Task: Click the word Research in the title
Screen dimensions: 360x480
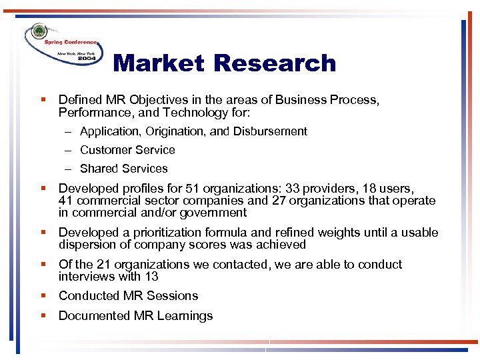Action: (x=275, y=63)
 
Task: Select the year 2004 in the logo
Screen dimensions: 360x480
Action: (x=86, y=57)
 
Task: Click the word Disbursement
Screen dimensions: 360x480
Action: (x=270, y=131)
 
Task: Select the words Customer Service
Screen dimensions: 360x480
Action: (x=127, y=150)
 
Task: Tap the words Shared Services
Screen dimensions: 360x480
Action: (x=123, y=169)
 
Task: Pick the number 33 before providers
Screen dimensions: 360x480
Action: (x=292, y=189)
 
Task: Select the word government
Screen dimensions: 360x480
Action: (x=213, y=213)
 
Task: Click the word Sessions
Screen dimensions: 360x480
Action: (x=174, y=295)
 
